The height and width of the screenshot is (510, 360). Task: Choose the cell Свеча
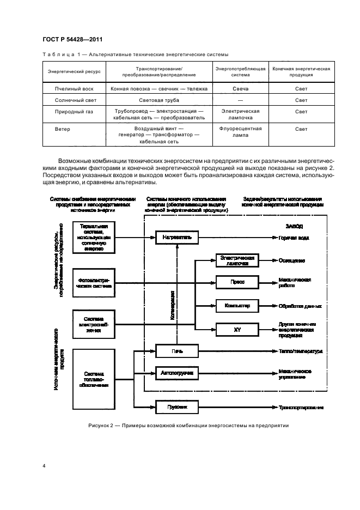tap(240, 88)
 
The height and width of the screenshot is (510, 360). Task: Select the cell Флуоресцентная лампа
tap(240, 132)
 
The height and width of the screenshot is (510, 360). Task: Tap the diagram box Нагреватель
tap(177, 238)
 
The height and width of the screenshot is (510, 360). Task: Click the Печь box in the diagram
tap(177, 351)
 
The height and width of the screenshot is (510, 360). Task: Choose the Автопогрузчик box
tap(177, 373)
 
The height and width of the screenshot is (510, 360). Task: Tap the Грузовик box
tap(177, 407)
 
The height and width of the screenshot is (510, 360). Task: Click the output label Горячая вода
tap(295, 238)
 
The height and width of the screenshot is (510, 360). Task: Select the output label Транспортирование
tap(301, 407)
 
